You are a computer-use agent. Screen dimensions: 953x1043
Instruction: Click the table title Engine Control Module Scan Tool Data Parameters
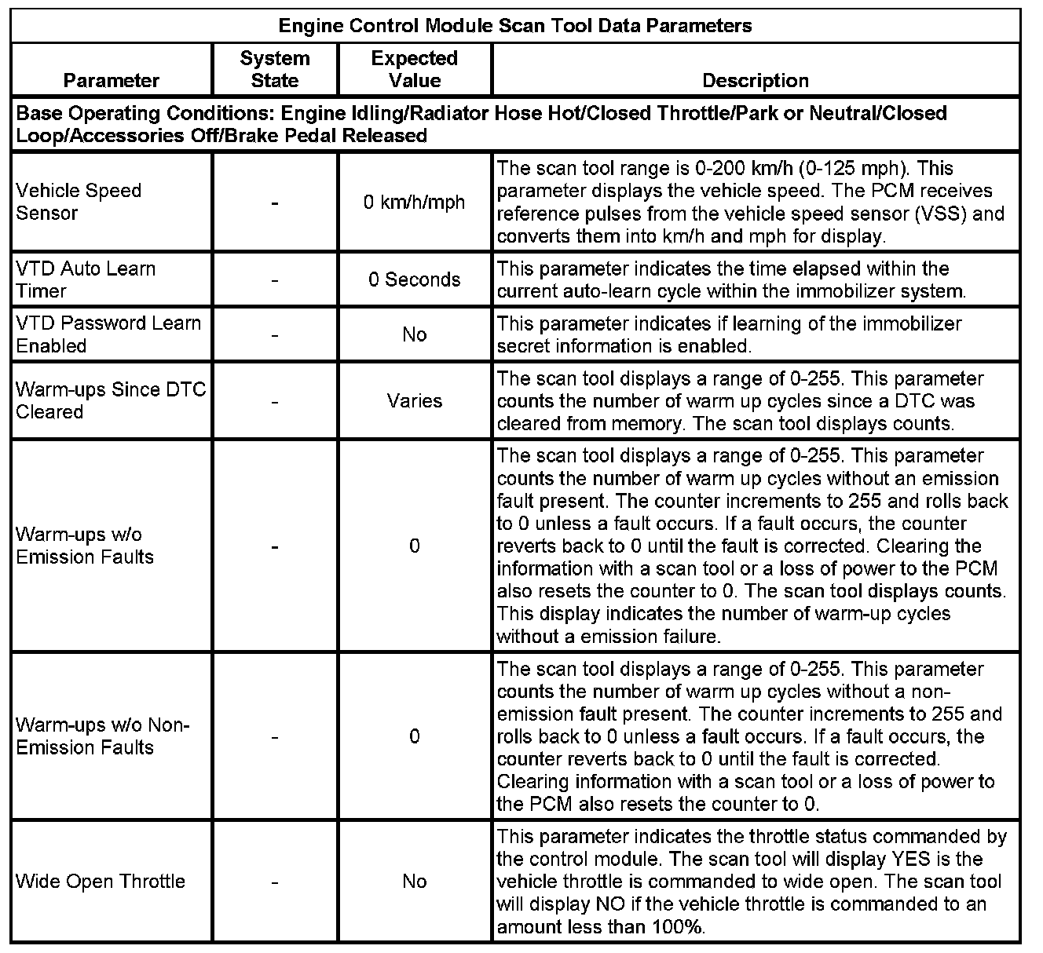click(515, 26)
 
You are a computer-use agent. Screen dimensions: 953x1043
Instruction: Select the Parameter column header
click(111, 80)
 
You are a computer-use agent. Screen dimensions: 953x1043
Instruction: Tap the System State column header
click(275, 69)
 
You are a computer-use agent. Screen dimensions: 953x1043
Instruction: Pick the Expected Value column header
click(414, 69)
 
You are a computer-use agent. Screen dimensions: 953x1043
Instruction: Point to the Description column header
click(755, 80)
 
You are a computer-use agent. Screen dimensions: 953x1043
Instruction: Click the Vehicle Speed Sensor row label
click(79, 202)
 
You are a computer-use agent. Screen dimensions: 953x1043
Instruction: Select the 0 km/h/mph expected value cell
click(414, 203)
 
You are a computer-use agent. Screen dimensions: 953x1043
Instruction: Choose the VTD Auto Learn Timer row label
click(86, 279)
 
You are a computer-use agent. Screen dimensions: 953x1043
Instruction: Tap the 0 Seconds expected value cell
click(414, 279)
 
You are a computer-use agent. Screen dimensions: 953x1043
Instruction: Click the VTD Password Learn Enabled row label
click(108, 334)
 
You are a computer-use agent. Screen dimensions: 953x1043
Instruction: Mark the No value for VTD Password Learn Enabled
click(414, 334)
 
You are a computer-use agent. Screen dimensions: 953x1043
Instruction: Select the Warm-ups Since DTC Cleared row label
click(111, 400)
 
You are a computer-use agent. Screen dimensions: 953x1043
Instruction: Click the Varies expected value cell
click(414, 401)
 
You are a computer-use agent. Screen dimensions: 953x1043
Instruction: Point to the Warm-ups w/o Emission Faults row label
click(85, 546)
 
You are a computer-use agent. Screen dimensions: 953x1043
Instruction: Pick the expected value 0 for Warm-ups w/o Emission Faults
click(414, 546)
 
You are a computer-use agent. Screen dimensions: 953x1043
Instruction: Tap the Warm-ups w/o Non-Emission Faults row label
click(103, 736)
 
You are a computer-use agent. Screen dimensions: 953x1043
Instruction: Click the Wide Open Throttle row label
click(101, 882)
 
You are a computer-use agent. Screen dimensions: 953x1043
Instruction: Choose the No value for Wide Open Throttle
click(414, 882)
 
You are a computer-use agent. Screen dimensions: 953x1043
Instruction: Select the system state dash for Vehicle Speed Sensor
click(275, 203)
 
